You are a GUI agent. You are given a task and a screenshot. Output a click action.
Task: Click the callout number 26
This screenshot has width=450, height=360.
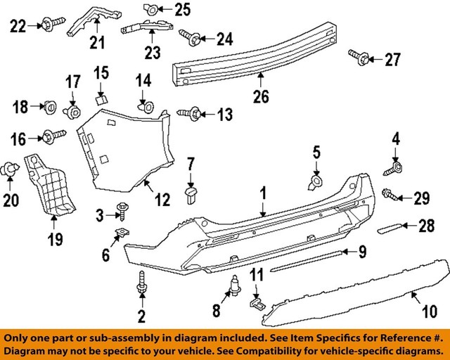tap(261, 97)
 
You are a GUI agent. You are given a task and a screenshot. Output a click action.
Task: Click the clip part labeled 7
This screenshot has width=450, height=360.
tap(191, 193)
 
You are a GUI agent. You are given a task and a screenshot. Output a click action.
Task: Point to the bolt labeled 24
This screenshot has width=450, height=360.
tap(188, 34)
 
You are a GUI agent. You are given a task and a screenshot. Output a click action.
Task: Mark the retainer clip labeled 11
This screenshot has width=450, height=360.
tap(257, 302)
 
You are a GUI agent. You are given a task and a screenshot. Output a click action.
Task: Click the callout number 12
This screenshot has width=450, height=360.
tap(162, 200)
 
